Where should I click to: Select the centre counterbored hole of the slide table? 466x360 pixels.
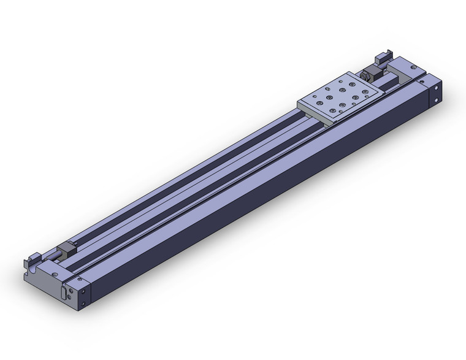tap(340, 97)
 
